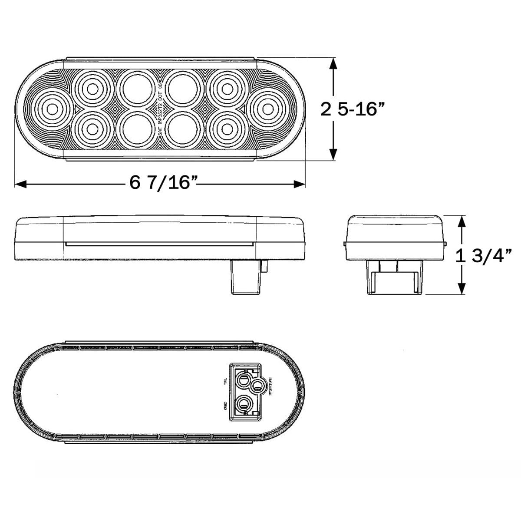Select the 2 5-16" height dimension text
pyautogui.click(x=353, y=109)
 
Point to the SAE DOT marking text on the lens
pyautogui.click(x=159, y=109)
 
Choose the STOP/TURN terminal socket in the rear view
pyautogui.click(x=257, y=385)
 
